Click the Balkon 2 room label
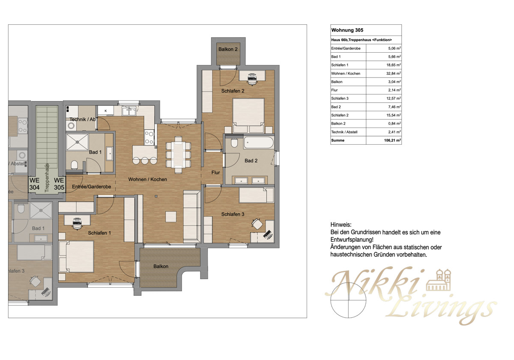228,50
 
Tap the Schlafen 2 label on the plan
233,91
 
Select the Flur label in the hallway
215,173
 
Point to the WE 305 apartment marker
59,184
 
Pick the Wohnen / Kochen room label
147,179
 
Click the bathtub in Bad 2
258,143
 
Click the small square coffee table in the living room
171,217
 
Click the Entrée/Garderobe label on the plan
91,187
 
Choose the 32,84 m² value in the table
392,74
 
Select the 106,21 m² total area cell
391,140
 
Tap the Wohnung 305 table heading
347,30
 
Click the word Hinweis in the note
341,225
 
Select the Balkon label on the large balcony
161,266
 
